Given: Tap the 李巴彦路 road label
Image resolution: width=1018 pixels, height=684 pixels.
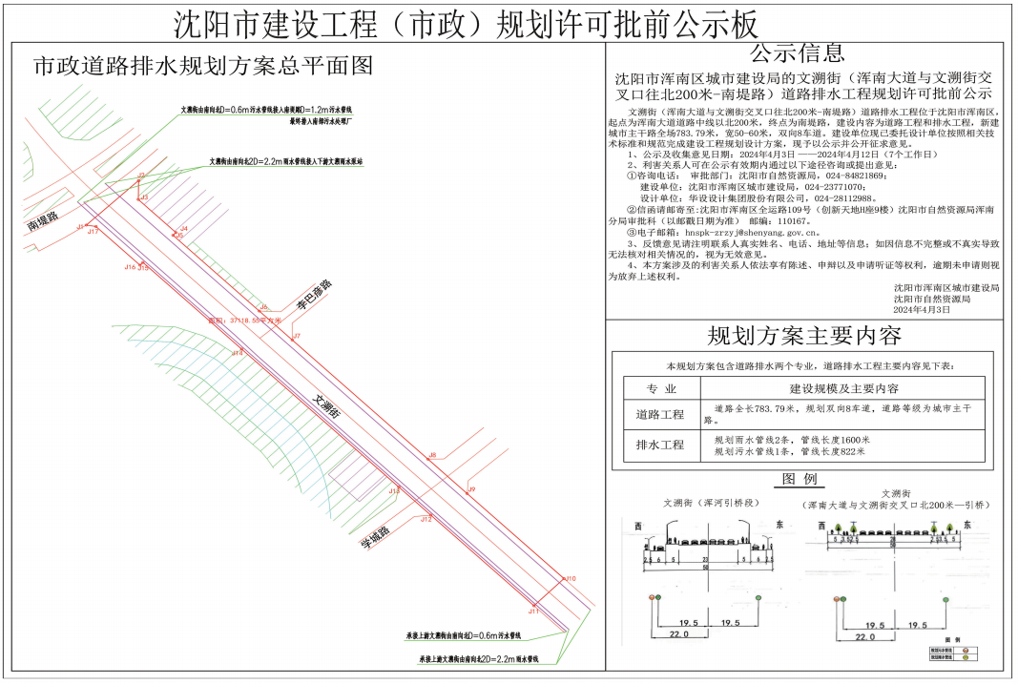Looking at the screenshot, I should pos(312,297).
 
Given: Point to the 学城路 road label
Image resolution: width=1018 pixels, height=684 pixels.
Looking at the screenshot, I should pos(375,539).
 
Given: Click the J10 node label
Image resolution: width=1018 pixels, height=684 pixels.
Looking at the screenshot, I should pos(571,579).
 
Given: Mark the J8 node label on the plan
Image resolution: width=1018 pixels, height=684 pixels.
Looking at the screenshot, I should pos(432,456).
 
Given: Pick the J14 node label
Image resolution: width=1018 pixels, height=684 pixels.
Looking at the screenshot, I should pos(237,353).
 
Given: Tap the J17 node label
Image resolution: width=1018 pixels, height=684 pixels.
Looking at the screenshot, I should pos(93,232).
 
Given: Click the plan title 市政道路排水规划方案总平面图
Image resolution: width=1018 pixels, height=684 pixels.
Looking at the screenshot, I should pos(202,67).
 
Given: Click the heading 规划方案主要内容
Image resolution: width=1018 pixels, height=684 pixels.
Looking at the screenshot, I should pos(803,336).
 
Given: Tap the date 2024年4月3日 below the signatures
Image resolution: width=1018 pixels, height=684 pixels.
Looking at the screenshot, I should pos(922,310).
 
